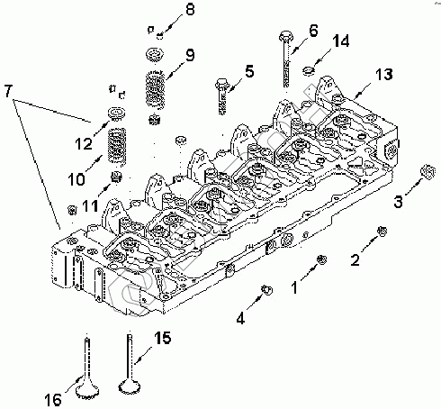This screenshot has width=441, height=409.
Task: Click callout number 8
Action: coord(190,10)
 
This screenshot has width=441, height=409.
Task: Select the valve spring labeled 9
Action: coord(155,90)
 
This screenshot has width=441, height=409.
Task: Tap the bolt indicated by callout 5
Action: coord(221,96)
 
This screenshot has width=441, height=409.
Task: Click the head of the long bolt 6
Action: coord(285,36)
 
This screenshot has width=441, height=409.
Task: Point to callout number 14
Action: coord(341,41)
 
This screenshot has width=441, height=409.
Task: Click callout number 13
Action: coord(383,74)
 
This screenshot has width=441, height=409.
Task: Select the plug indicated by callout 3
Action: coord(427,172)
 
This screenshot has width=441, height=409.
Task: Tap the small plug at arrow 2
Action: coord(382,231)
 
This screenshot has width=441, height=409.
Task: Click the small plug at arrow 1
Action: coord(321,259)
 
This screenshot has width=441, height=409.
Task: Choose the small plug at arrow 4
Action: coord(266,289)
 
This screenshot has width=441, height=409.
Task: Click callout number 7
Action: coord(8,91)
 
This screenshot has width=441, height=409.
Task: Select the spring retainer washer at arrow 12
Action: coord(116,114)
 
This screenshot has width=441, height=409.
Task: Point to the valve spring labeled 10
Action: coord(116,146)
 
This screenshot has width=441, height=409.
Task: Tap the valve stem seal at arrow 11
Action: coord(116,177)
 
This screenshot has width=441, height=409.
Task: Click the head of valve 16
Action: coord(87,389)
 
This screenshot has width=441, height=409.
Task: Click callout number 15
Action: coord(163,338)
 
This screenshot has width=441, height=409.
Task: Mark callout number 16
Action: coord(53,399)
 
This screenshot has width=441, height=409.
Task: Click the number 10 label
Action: coord(76,179)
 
